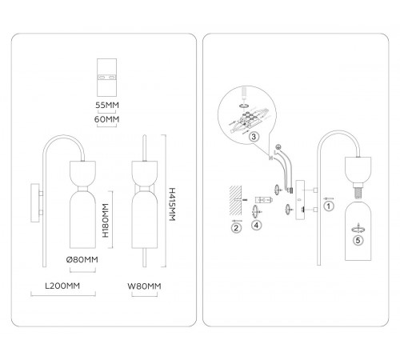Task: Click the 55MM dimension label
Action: point(107,105)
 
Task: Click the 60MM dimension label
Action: point(106,119)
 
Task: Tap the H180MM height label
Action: point(106,220)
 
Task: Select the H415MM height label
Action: point(172,204)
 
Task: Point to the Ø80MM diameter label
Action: point(82,259)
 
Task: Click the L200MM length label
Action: point(62,286)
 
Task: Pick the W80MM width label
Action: point(144,286)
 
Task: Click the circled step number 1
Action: point(329,206)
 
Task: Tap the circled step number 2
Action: point(236,228)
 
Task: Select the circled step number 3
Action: point(254,137)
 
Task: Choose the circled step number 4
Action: point(256,226)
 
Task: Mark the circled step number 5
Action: point(358,241)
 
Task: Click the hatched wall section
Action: point(235,201)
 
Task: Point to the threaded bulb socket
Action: point(358,190)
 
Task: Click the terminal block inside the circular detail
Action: point(249,119)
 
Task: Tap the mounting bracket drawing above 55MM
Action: point(107,78)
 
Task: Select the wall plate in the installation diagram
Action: point(300,200)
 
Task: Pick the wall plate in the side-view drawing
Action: point(35,203)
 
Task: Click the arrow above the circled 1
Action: point(328,198)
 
